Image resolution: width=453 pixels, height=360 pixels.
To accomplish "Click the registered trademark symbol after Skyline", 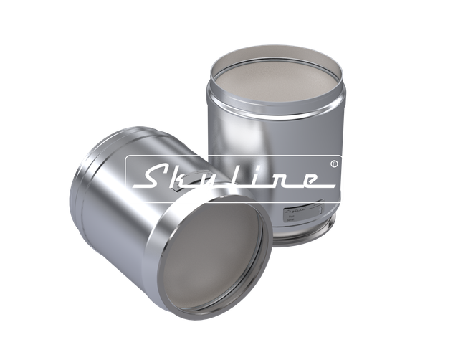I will [x=334, y=164].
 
